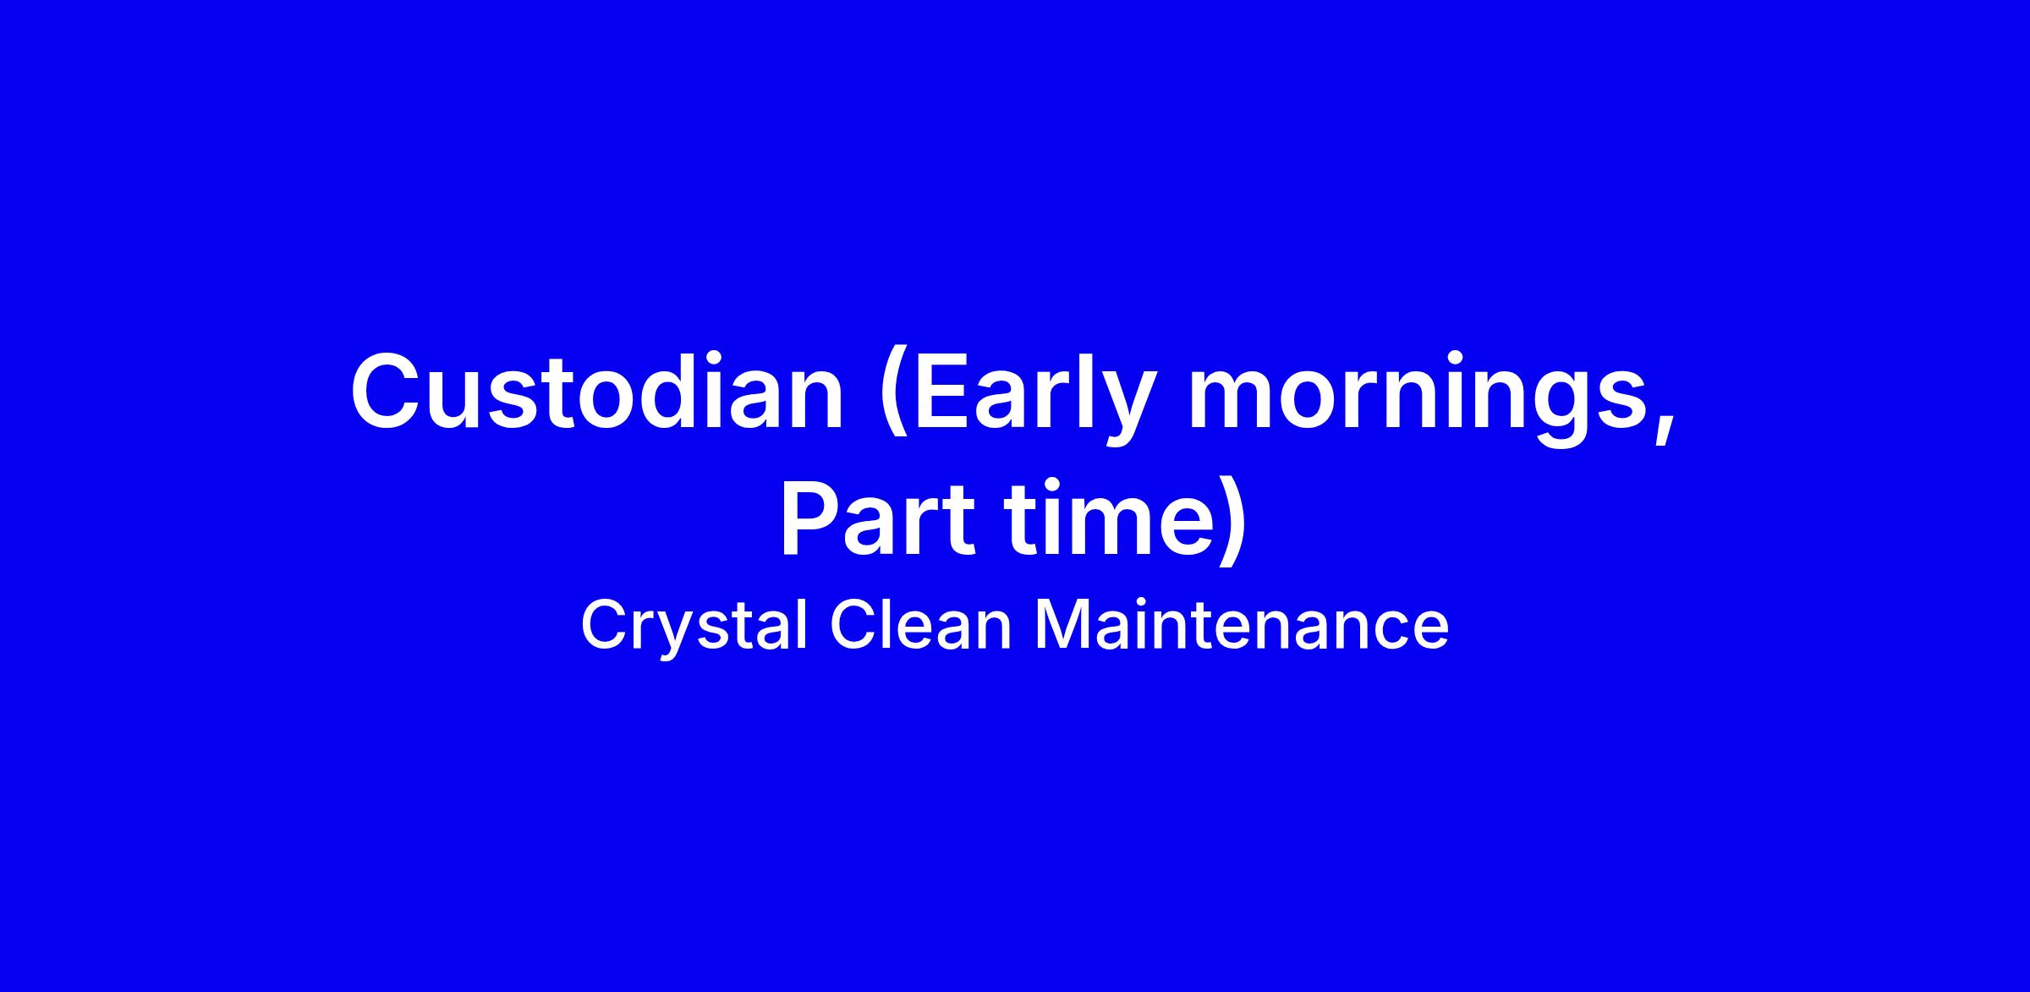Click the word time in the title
[1108, 518]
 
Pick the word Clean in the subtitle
[920, 625]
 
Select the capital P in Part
[812, 518]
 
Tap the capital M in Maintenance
[1067, 625]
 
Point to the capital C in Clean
[854, 625]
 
